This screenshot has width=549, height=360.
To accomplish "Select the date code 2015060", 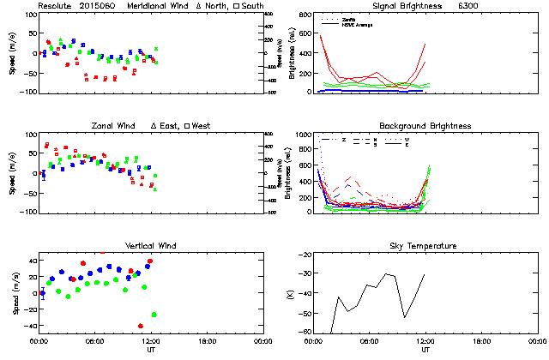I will coord(100,6).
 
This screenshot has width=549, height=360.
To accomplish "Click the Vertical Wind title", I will coord(151,246).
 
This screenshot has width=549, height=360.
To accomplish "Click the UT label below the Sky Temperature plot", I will coord(425,351).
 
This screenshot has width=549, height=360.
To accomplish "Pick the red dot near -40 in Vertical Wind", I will coord(140,326).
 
